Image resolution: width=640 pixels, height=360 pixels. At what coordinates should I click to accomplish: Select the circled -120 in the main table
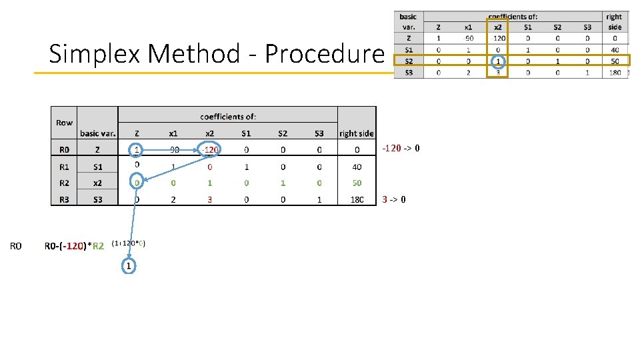point(210,149)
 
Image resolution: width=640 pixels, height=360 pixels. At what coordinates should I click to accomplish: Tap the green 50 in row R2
point(357,183)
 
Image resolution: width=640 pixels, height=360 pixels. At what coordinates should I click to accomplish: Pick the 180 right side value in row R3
point(357,199)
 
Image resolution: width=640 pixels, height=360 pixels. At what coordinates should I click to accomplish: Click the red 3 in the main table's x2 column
point(210,199)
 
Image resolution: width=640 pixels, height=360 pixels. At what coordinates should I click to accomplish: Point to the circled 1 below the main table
point(129,266)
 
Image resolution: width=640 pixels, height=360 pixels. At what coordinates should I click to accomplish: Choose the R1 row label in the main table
point(64,166)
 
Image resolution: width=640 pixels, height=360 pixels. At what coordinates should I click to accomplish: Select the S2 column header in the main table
point(283,133)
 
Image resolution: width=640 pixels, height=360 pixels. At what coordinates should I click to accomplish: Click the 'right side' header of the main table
point(357,133)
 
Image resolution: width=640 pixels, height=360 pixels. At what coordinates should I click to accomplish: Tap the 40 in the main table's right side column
point(357,167)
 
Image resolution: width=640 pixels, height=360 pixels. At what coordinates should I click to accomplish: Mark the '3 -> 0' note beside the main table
point(394,199)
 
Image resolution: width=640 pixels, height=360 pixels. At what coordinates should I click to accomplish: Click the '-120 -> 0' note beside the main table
point(401,148)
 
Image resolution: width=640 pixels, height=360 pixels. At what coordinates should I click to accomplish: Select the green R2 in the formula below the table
point(98,246)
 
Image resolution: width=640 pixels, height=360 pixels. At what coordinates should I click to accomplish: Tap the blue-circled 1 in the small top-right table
point(498,61)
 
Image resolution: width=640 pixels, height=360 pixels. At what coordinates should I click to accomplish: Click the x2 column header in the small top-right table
point(498,27)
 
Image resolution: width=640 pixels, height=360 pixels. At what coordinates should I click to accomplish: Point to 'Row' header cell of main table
point(64,123)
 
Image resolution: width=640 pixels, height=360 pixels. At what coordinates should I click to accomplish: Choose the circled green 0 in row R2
point(137,183)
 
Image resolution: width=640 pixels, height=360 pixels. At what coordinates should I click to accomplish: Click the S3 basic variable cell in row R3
point(97,199)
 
